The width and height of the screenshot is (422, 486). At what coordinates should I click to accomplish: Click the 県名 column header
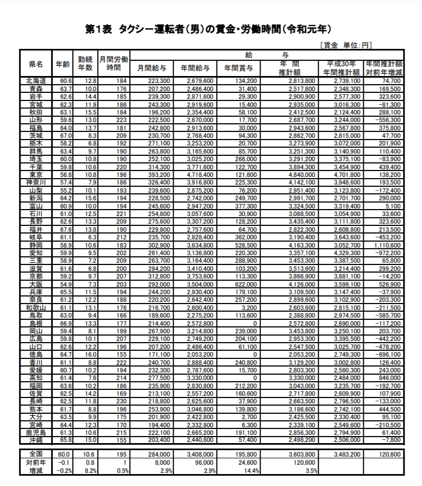(x=36, y=64)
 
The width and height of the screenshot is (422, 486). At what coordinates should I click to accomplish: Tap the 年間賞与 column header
(x=238, y=68)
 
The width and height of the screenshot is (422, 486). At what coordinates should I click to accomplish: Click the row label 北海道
(x=36, y=81)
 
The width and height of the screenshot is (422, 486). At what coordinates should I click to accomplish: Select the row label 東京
(x=36, y=175)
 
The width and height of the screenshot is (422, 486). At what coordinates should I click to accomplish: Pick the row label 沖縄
(x=36, y=440)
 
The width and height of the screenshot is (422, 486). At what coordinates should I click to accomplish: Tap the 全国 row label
(x=36, y=454)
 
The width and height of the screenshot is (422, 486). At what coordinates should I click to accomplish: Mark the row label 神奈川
(x=36, y=182)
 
